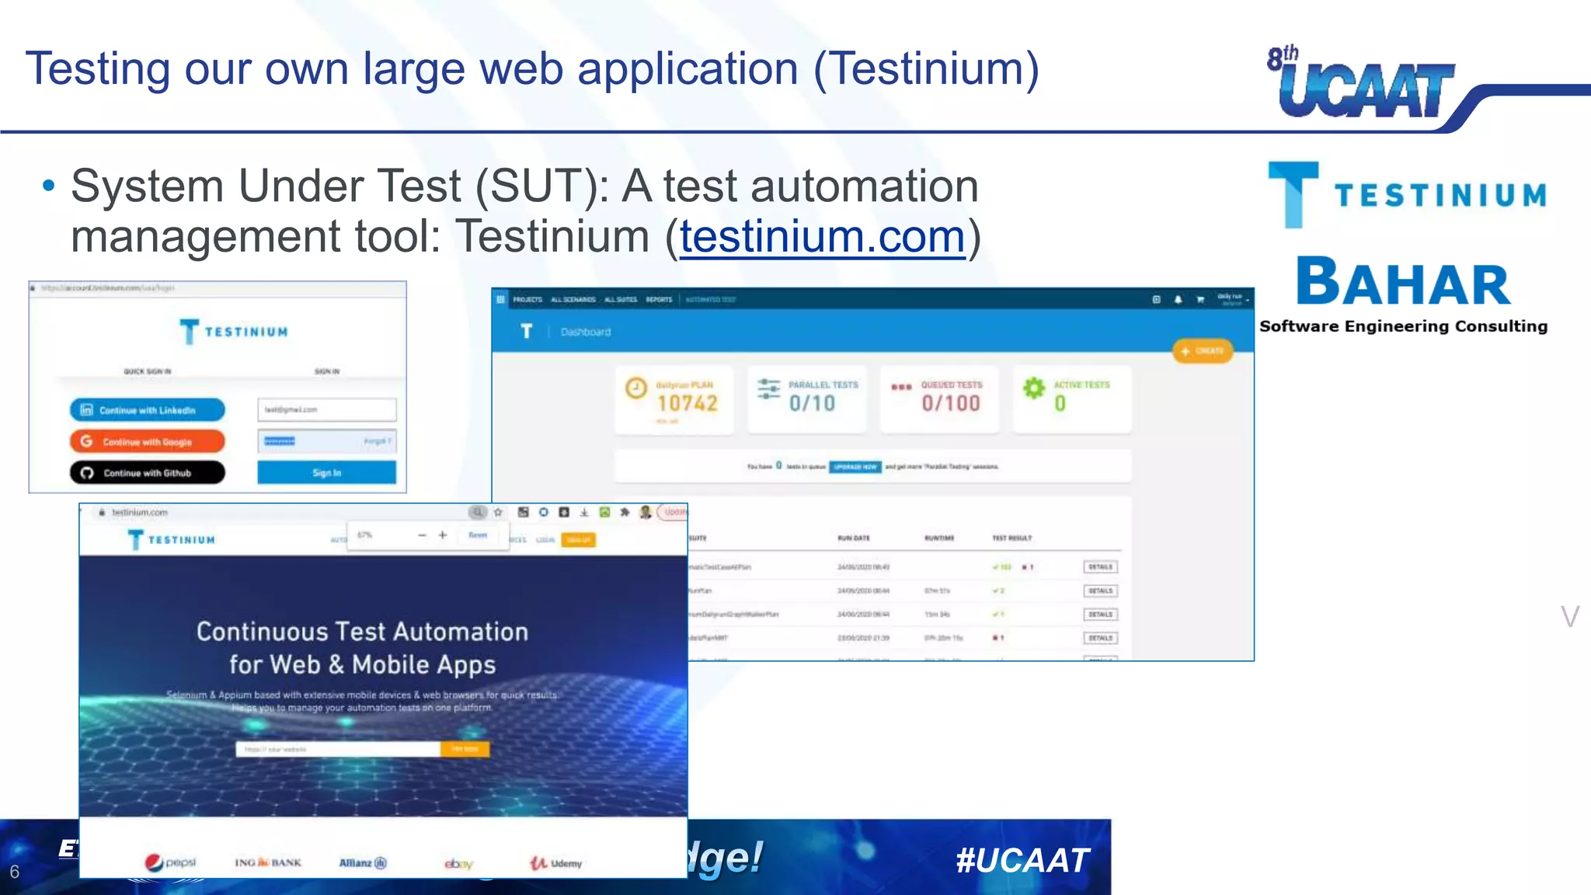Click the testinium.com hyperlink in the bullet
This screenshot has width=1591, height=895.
[x=822, y=236]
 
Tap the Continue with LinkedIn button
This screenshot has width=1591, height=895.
[x=148, y=409]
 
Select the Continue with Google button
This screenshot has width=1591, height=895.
[x=148, y=441]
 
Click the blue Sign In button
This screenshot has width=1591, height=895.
[x=326, y=472]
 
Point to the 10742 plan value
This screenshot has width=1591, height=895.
[x=688, y=403]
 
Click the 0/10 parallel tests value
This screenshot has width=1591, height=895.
[x=812, y=403]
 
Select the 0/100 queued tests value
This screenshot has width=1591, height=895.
[x=951, y=403]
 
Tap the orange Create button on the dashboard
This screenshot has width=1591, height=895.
[x=1203, y=351]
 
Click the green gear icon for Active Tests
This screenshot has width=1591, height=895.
[x=1034, y=388]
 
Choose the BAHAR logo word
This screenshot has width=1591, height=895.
[x=1403, y=283]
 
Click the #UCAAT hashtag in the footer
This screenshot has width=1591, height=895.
[x=1022, y=860]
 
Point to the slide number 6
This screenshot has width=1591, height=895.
[x=14, y=872]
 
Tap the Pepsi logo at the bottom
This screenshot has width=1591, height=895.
[x=170, y=862]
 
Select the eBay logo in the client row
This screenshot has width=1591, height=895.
[x=458, y=863]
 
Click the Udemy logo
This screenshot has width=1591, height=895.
[x=556, y=863]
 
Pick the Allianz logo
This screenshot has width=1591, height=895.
[x=362, y=862]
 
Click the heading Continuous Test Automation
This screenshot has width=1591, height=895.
[x=362, y=632]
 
